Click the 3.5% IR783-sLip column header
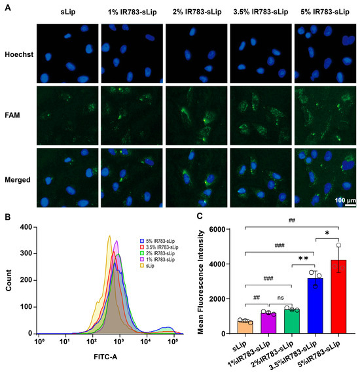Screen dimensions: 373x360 [259, 13]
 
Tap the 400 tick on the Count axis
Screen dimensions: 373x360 [27, 228]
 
